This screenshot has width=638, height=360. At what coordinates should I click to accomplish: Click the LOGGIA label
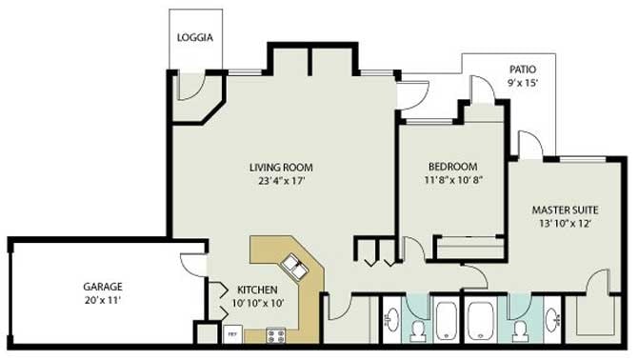pyautogui.click(x=195, y=37)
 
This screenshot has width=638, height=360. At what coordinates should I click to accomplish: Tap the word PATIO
pyautogui.click(x=523, y=70)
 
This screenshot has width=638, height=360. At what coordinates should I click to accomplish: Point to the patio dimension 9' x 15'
pyautogui.click(x=523, y=83)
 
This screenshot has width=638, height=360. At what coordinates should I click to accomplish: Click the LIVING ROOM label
pyautogui.click(x=281, y=168)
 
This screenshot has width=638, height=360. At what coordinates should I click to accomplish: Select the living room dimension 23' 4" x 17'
pyautogui.click(x=282, y=181)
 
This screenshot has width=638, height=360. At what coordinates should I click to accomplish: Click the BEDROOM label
pyautogui.click(x=453, y=167)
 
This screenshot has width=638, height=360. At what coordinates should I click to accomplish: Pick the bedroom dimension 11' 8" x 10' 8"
pyautogui.click(x=453, y=179)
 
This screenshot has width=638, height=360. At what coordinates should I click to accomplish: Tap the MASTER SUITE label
pyautogui.click(x=566, y=210)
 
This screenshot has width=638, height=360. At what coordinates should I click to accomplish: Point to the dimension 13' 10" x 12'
pyautogui.click(x=566, y=223)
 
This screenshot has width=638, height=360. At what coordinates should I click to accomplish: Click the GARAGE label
pyautogui.click(x=103, y=287)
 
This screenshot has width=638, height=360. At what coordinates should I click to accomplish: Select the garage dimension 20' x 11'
pyautogui.click(x=103, y=301)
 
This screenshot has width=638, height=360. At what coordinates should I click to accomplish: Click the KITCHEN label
pyautogui.click(x=257, y=290)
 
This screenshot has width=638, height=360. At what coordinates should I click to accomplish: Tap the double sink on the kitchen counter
pyautogui.click(x=295, y=267)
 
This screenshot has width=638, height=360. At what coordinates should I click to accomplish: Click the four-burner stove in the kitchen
pyautogui.click(x=275, y=336)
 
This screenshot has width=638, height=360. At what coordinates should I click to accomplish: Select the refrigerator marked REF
pyautogui.click(x=232, y=334)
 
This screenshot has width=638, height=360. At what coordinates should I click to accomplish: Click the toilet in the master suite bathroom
pyautogui.click(x=521, y=330)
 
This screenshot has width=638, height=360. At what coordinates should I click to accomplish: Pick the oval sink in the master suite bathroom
pyautogui.click(x=553, y=320)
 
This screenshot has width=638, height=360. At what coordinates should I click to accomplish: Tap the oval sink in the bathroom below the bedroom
pyautogui.click(x=392, y=320)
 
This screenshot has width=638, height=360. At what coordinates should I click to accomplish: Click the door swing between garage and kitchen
pyautogui.click(x=193, y=265)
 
